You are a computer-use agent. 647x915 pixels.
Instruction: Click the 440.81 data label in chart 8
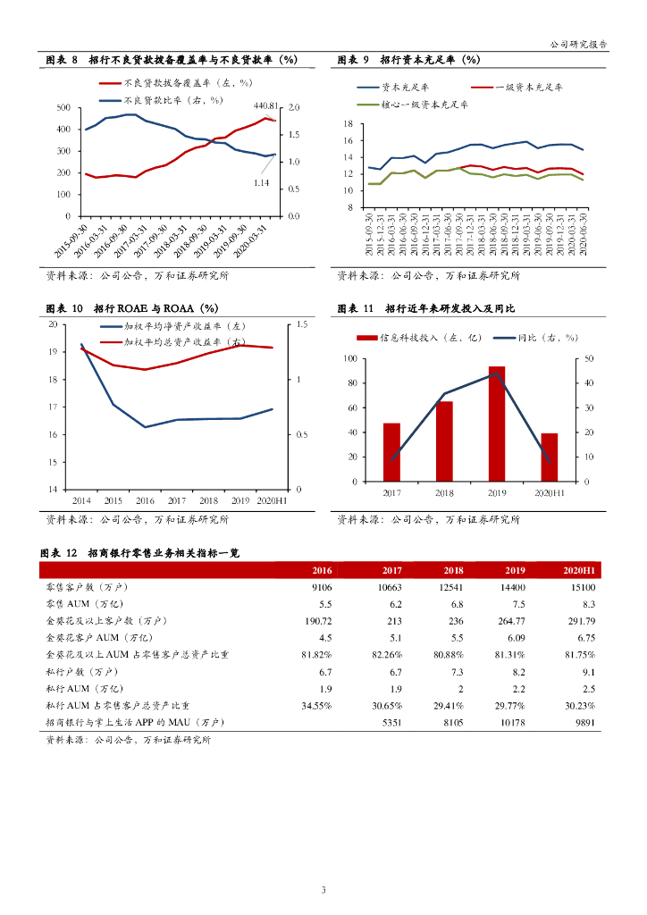pos(265,105)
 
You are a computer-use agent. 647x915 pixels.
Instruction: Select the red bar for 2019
pos(497,424)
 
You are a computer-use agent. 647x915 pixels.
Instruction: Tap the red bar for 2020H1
pos(550,457)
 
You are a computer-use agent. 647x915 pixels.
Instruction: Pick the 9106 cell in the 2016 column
pos(322,587)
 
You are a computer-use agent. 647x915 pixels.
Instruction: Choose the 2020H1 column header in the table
pos(579,570)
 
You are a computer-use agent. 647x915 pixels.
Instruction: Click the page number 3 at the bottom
pos(323,889)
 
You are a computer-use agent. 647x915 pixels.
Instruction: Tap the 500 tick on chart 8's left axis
pos(63,108)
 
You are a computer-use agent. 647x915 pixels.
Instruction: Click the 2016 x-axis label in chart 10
pos(145,500)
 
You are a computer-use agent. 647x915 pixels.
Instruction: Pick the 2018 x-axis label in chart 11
pos(444,492)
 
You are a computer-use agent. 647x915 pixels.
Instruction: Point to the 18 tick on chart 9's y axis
pos(348,125)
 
